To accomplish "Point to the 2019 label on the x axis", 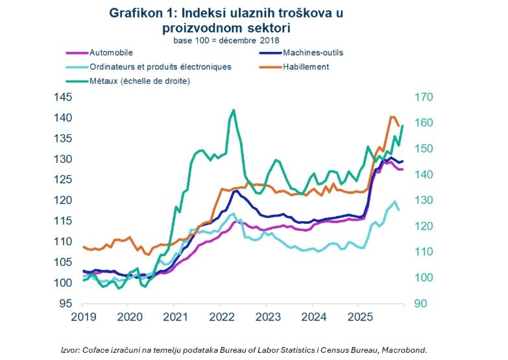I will (83, 317).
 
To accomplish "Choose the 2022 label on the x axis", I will (221, 317).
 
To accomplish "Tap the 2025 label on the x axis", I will (359, 317).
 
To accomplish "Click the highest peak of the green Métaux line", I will (234, 110).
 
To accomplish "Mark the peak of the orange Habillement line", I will (391, 117).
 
